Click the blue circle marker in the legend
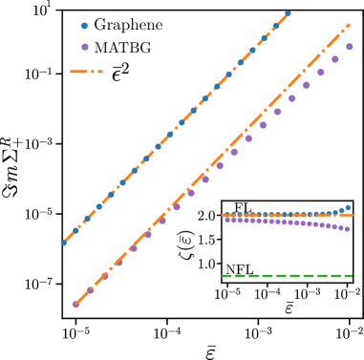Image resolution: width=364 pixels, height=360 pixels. click(84, 26)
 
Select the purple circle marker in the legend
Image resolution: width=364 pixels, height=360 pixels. click(84, 47)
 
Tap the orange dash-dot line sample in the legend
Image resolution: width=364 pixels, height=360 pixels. click(86, 72)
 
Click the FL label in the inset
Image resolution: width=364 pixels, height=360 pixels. click(243, 208)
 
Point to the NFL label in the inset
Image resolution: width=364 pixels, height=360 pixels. click(239, 270)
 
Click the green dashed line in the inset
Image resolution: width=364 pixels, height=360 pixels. click(287, 276)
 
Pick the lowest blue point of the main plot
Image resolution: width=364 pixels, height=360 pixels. click(64, 243)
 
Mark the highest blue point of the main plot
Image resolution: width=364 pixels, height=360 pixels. click(288, 13)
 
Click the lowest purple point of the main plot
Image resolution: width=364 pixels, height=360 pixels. click(75, 305)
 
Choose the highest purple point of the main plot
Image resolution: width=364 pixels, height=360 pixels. click(349, 47)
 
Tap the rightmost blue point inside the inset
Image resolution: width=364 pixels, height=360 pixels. click(347, 207)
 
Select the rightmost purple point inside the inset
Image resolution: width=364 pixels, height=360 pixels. click(347, 229)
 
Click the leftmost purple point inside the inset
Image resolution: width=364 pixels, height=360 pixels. click(227, 220)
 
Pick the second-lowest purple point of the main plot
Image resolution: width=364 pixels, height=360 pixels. click(91, 289)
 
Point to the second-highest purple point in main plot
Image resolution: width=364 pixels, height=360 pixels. click(334, 59)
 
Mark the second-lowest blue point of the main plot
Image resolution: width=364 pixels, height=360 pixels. click(75, 230)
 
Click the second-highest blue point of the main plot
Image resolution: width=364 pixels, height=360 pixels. click(275, 26)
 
